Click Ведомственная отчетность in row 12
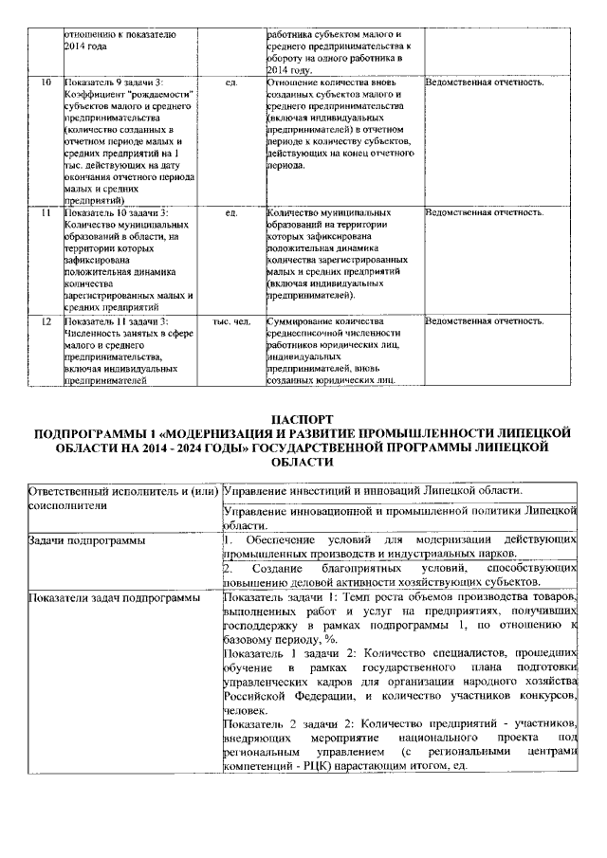click(485, 322)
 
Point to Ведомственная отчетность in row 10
click(485, 83)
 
